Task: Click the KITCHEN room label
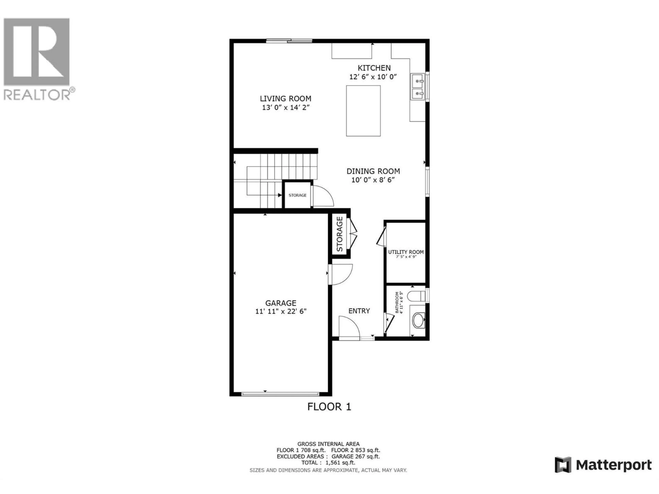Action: coord(374,68)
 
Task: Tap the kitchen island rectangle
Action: coord(363,111)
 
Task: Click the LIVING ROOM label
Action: coord(285,99)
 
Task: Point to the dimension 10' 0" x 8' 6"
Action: coord(373,180)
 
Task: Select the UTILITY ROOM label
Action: coord(406,252)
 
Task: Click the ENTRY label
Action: coord(359,311)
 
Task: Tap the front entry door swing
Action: coord(349,328)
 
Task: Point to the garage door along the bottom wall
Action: coord(280,394)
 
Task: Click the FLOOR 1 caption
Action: coord(329,407)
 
